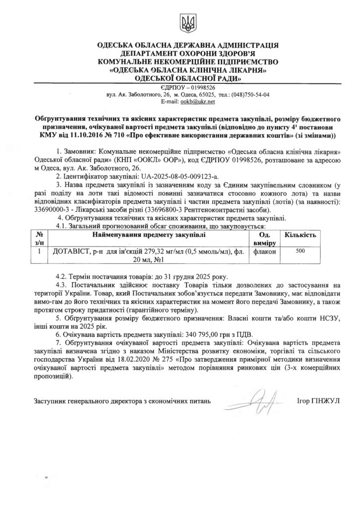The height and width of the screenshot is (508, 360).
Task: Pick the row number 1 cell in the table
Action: click(x=39, y=252)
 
